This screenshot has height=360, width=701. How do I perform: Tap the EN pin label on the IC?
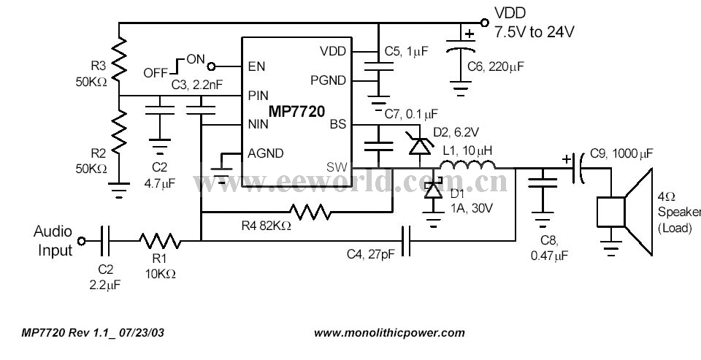coord(256,66)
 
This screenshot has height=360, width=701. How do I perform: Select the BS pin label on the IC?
coord(337,124)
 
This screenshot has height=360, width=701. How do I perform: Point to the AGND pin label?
coord(267,153)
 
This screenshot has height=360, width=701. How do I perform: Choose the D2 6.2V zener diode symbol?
coord(419,145)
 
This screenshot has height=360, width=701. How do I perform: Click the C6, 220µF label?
coord(496,66)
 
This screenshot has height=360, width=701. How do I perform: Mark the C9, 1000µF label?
coord(621,155)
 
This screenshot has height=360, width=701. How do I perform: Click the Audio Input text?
coord(53,241)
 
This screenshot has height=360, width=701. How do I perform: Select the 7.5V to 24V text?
coord(535,32)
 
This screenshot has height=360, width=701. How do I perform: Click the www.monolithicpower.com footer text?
coord(389,332)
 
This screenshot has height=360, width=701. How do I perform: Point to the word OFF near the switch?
coord(156,73)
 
